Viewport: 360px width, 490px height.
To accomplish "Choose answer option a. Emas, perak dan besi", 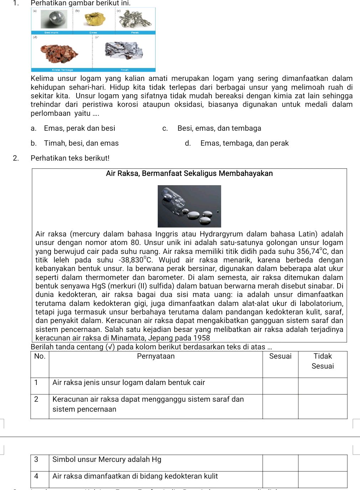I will tap(79, 128).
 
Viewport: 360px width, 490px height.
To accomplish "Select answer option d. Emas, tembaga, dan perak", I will tap(244, 143).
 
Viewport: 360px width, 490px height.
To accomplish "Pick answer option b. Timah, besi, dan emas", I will tap(81, 143).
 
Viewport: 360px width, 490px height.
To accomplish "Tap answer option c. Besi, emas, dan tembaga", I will tap(219, 128).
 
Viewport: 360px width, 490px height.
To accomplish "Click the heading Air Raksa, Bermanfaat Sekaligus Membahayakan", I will tap(189, 173).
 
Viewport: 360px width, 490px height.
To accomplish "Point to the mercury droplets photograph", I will tap(189, 206).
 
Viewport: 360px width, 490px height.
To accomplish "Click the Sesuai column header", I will tap(280, 356).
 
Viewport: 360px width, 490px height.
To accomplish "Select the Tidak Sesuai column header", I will tap(322, 361).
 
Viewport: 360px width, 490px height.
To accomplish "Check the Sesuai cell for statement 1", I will tap(280, 386).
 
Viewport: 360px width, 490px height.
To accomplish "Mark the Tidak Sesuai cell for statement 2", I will tap(322, 406).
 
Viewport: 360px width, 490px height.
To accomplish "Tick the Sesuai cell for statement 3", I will tap(280, 463).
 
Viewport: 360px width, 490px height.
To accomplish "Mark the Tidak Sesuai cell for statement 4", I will tap(322, 479).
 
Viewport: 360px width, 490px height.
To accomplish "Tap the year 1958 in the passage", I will tap(202, 338).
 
